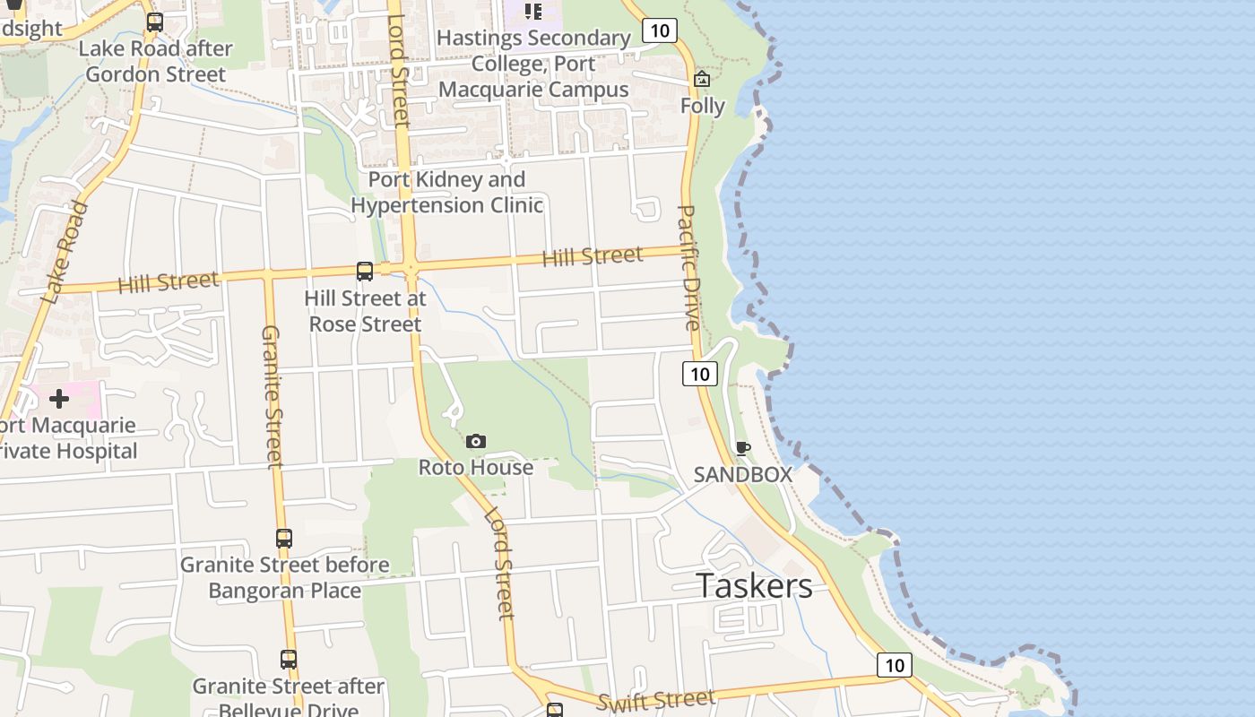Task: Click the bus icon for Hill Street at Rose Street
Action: (364, 271)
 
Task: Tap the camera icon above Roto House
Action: (476, 441)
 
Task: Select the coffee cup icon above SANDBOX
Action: (742, 448)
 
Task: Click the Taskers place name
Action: (754, 585)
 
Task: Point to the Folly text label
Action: (702, 106)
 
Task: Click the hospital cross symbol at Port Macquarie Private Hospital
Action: (59, 398)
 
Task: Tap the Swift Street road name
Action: (655, 700)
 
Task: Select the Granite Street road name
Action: (271, 395)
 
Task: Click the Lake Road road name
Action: (65, 252)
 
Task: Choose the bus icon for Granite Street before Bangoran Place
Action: (283, 539)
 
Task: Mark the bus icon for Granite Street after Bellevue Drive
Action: (288, 660)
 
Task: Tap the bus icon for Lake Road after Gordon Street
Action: (155, 22)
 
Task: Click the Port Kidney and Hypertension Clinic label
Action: (446, 192)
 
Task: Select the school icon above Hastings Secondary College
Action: (533, 12)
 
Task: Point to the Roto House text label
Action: (476, 467)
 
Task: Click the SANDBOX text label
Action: (743, 474)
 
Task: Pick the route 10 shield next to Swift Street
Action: (894, 664)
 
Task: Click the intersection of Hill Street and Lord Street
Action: (410, 266)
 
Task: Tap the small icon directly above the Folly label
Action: (702, 80)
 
